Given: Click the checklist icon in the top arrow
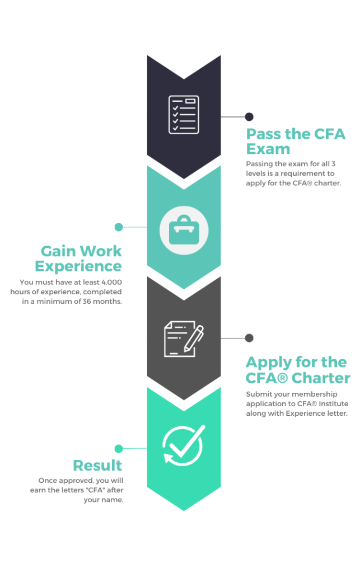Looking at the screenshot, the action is (x=184, y=114).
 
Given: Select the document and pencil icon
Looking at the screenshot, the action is (x=184, y=339).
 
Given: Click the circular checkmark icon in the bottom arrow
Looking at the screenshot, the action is (x=184, y=445).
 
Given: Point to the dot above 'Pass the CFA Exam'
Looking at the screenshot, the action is (x=249, y=116).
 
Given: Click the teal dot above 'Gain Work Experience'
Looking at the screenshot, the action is (x=119, y=227).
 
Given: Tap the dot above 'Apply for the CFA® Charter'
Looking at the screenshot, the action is (x=249, y=338).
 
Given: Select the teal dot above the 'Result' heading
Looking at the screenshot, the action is (x=119, y=448).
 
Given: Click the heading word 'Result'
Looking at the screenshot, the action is (x=97, y=466).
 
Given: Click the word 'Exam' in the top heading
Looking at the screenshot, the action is (x=268, y=149).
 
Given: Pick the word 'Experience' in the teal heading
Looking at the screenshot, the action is (x=78, y=266).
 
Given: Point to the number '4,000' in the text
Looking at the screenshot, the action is (x=111, y=282).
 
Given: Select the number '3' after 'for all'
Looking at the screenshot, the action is (x=333, y=164).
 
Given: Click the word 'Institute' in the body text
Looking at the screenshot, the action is (x=333, y=404).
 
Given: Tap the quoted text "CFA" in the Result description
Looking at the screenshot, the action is (x=95, y=490).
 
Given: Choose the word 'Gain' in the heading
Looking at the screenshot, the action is (x=58, y=251).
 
